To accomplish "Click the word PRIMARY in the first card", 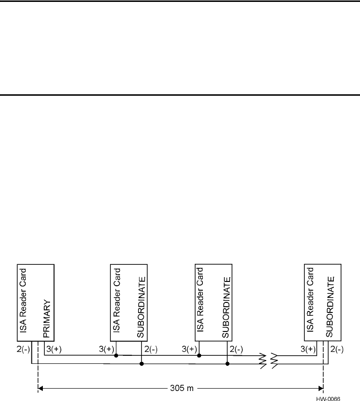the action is [x=47, y=319].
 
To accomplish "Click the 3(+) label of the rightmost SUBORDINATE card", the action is [x=310, y=349].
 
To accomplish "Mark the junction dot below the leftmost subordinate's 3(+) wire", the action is [x=116, y=355].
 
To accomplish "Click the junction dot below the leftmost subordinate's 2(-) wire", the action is [x=142, y=364].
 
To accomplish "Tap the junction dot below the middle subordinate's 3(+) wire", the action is [x=200, y=355].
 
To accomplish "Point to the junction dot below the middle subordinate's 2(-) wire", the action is [x=227, y=364].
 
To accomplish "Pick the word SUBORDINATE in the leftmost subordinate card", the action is [x=140, y=305].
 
